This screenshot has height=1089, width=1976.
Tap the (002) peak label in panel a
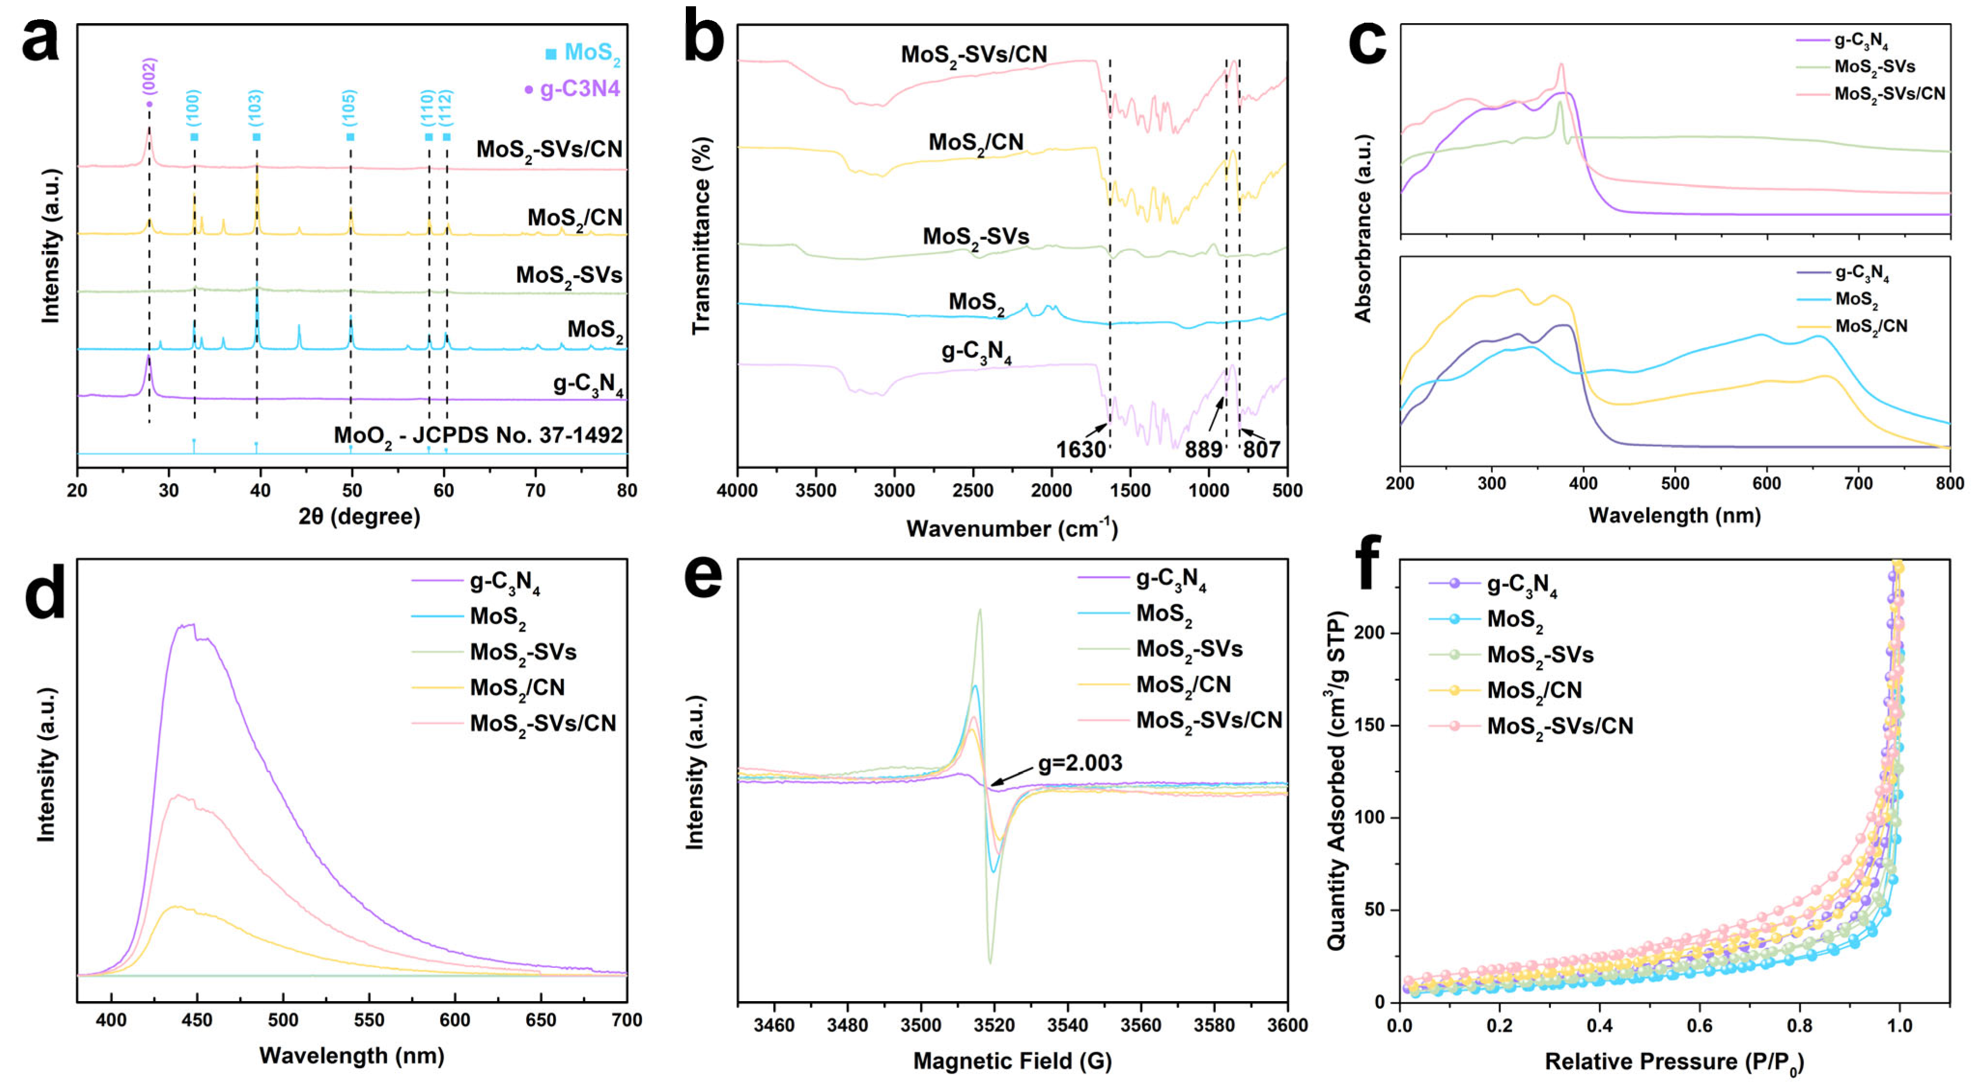pyautogui.click(x=150, y=77)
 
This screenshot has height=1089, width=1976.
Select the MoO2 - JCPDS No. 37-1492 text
pyautogui.click(x=478, y=435)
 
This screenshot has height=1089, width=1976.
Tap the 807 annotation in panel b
pyautogui.click(x=1261, y=449)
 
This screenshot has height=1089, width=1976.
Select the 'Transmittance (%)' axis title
pyautogui.click(x=701, y=236)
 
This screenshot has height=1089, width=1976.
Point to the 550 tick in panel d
pyautogui.click(x=370, y=1020)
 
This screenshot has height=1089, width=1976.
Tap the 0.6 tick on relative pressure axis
pyautogui.click(x=1700, y=1025)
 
